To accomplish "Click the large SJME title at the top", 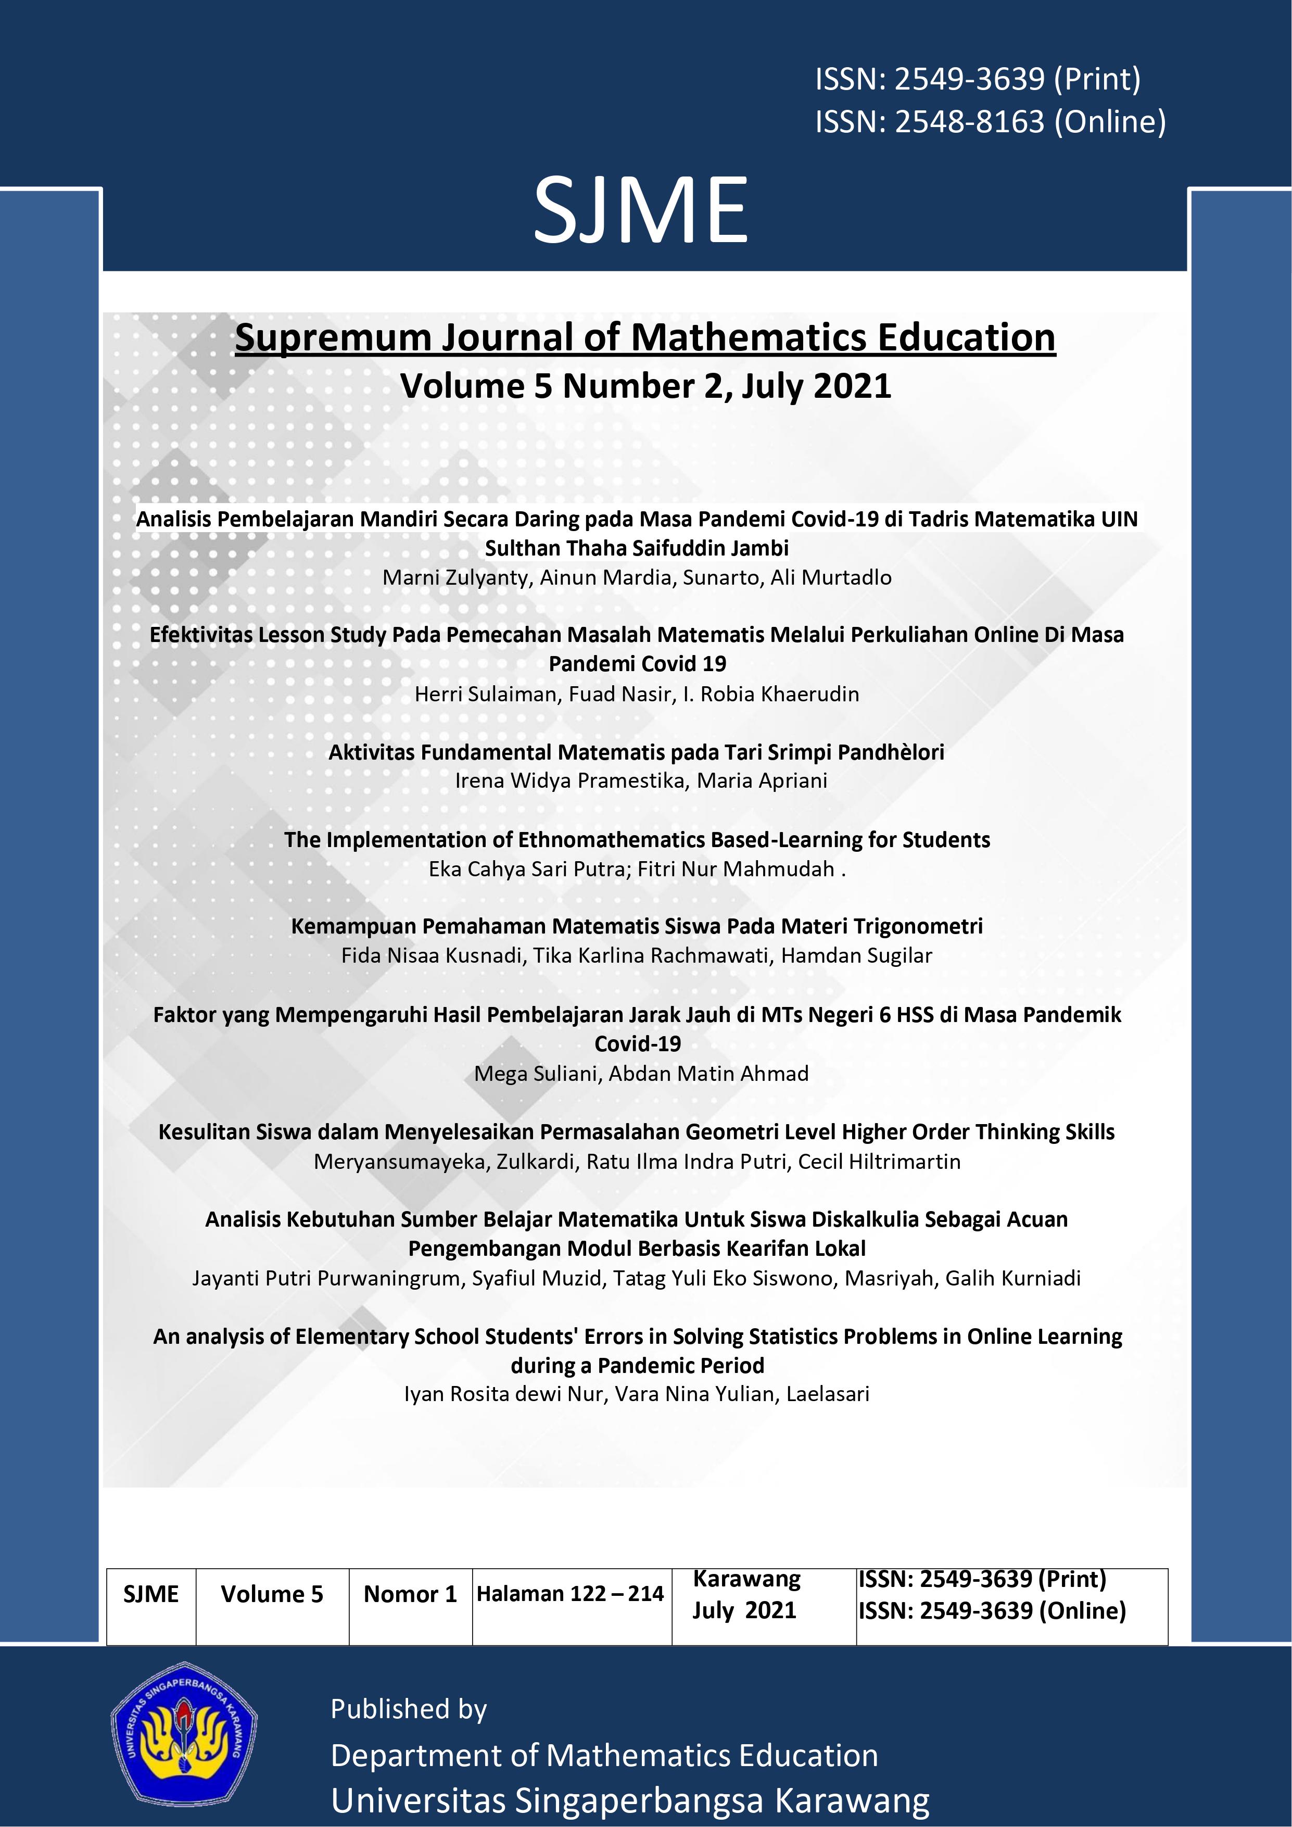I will [x=640, y=211].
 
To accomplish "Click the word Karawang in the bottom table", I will [x=746, y=1578].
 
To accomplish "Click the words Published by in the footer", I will [x=408, y=1708].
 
